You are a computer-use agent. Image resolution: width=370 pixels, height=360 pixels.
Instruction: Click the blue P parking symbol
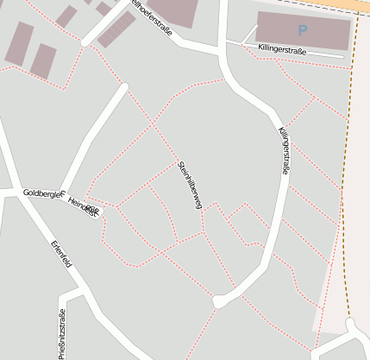pos(302,30)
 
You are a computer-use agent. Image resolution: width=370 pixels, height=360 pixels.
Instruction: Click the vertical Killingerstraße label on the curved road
pos(284,151)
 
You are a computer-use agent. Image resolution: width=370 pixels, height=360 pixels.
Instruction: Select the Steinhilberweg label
pos(189,185)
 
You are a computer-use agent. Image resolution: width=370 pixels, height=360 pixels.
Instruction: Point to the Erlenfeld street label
pos(61,256)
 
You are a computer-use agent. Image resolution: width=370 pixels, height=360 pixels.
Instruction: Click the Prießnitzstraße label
pos(61,332)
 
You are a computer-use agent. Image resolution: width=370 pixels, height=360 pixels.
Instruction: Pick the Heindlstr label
pos(83,205)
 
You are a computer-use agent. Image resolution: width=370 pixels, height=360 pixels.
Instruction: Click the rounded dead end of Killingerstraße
pos(220,301)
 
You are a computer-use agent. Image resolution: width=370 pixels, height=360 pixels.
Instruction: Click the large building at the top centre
pos(172,10)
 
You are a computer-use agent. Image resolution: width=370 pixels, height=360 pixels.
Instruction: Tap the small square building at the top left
pos(66,16)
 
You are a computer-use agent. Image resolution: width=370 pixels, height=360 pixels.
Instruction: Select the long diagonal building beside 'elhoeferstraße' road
pos(116,29)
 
